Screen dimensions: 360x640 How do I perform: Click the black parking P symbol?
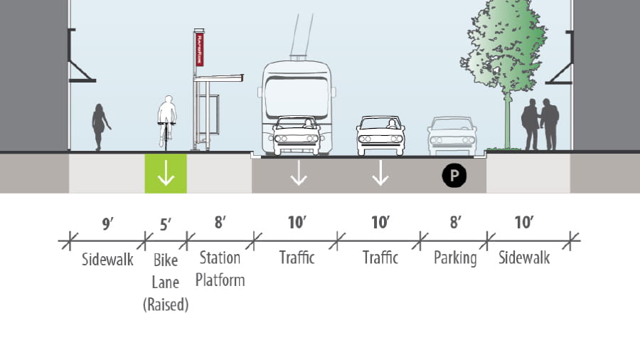(x=454, y=175)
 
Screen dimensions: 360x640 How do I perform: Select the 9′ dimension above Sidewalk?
(x=107, y=224)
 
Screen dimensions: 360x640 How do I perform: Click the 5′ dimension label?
(x=166, y=224)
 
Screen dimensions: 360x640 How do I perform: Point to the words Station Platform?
(x=220, y=268)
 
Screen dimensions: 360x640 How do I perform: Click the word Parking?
(x=455, y=258)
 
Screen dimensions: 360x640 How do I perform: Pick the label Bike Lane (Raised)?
(x=166, y=280)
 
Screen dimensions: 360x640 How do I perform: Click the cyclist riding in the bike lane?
(x=166, y=121)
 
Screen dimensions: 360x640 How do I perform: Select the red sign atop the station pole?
(x=199, y=49)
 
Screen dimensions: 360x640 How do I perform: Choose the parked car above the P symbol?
(x=452, y=135)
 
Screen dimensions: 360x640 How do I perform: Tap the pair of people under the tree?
(x=540, y=125)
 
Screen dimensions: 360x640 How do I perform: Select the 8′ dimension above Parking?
(x=455, y=224)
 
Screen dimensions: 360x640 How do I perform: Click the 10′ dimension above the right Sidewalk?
(x=523, y=224)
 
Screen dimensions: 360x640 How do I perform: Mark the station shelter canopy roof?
(x=220, y=77)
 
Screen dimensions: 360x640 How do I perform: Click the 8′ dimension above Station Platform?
(x=220, y=224)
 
